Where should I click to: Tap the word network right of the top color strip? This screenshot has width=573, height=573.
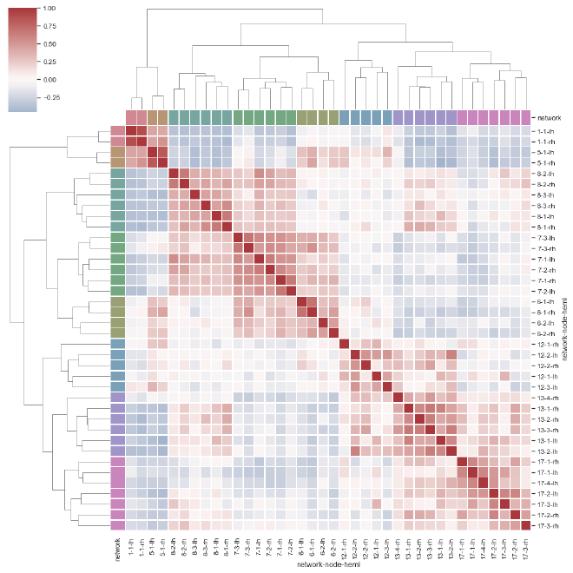[550, 117]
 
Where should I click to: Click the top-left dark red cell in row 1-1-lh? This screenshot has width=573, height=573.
[132, 131]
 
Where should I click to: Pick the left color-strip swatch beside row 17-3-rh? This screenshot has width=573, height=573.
[117, 525]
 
